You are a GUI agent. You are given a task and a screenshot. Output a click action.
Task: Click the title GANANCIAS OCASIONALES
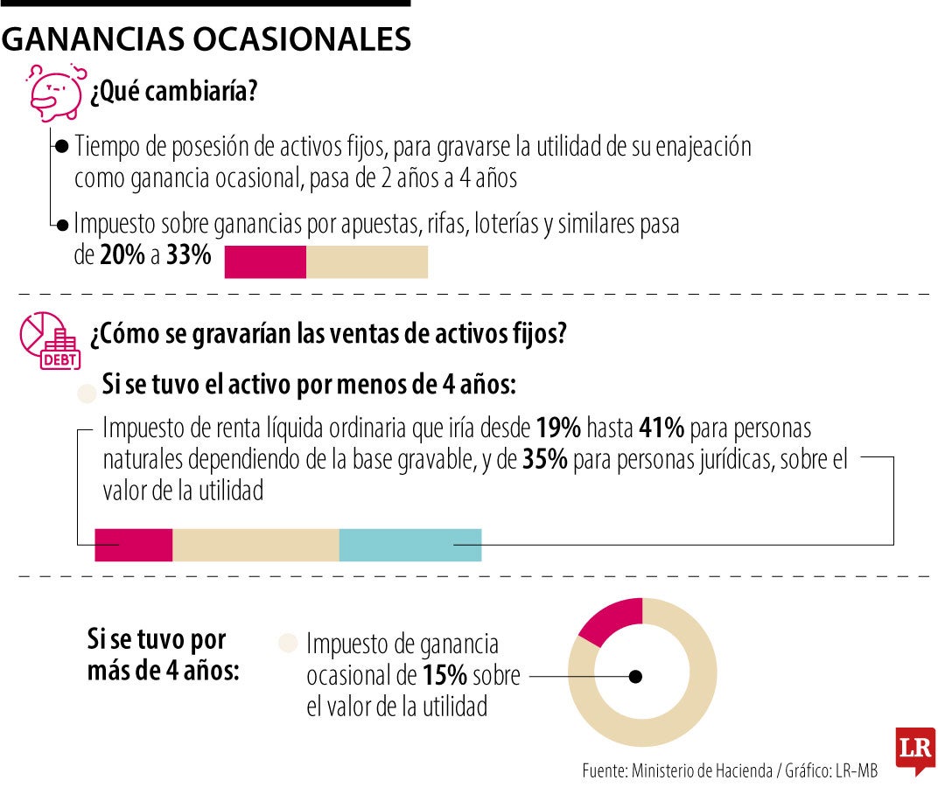206,39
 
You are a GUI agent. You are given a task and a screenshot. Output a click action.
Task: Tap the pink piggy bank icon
54,91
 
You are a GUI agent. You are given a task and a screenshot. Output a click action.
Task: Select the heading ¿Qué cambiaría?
173,91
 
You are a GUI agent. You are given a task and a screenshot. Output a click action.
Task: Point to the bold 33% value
188,256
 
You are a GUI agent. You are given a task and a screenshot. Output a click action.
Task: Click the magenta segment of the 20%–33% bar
265,261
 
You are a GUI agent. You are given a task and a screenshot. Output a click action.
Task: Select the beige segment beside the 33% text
367,261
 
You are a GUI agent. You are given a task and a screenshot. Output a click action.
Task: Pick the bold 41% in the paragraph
664,429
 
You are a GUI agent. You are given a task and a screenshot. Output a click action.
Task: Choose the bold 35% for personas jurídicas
543,461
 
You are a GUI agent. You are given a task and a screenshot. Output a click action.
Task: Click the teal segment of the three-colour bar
409,545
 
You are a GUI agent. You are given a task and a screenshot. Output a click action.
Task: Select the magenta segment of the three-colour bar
134,545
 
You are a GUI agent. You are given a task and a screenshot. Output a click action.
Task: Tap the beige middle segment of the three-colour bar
255,545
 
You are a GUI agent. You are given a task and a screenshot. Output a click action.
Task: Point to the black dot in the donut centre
636,676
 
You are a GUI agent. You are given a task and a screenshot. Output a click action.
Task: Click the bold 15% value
444,676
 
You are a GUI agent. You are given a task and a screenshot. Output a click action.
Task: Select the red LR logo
914,750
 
